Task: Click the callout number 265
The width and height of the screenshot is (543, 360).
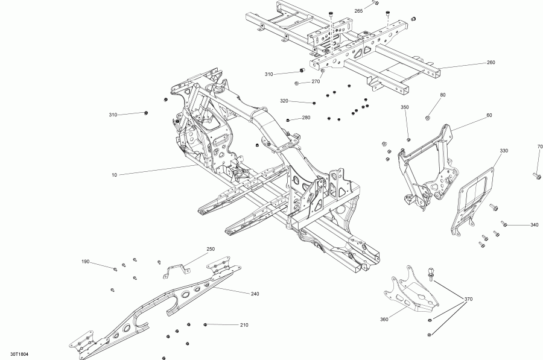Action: coord(358,11)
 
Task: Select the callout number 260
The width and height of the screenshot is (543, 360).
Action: coord(491,63)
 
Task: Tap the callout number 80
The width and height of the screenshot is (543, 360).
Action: coord(442,95)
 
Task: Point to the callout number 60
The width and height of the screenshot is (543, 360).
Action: coord(489,115)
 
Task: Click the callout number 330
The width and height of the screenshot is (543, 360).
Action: coord(504,150)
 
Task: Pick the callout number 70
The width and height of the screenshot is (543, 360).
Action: coord(540,147)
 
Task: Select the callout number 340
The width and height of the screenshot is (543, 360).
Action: coord(534,225)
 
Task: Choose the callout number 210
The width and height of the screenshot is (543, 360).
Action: coord(243,325)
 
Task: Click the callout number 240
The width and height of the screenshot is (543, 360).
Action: coord(255,294)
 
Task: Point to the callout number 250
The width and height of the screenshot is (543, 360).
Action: coord(211,249)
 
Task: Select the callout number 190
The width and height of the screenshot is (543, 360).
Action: coord(86,262)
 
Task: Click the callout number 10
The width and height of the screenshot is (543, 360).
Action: coord(113,175)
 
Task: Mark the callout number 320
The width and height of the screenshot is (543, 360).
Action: coord(284,101)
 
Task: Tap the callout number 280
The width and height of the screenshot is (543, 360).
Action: coord(306,118)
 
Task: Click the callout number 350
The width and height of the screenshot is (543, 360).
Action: coord(405,107)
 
